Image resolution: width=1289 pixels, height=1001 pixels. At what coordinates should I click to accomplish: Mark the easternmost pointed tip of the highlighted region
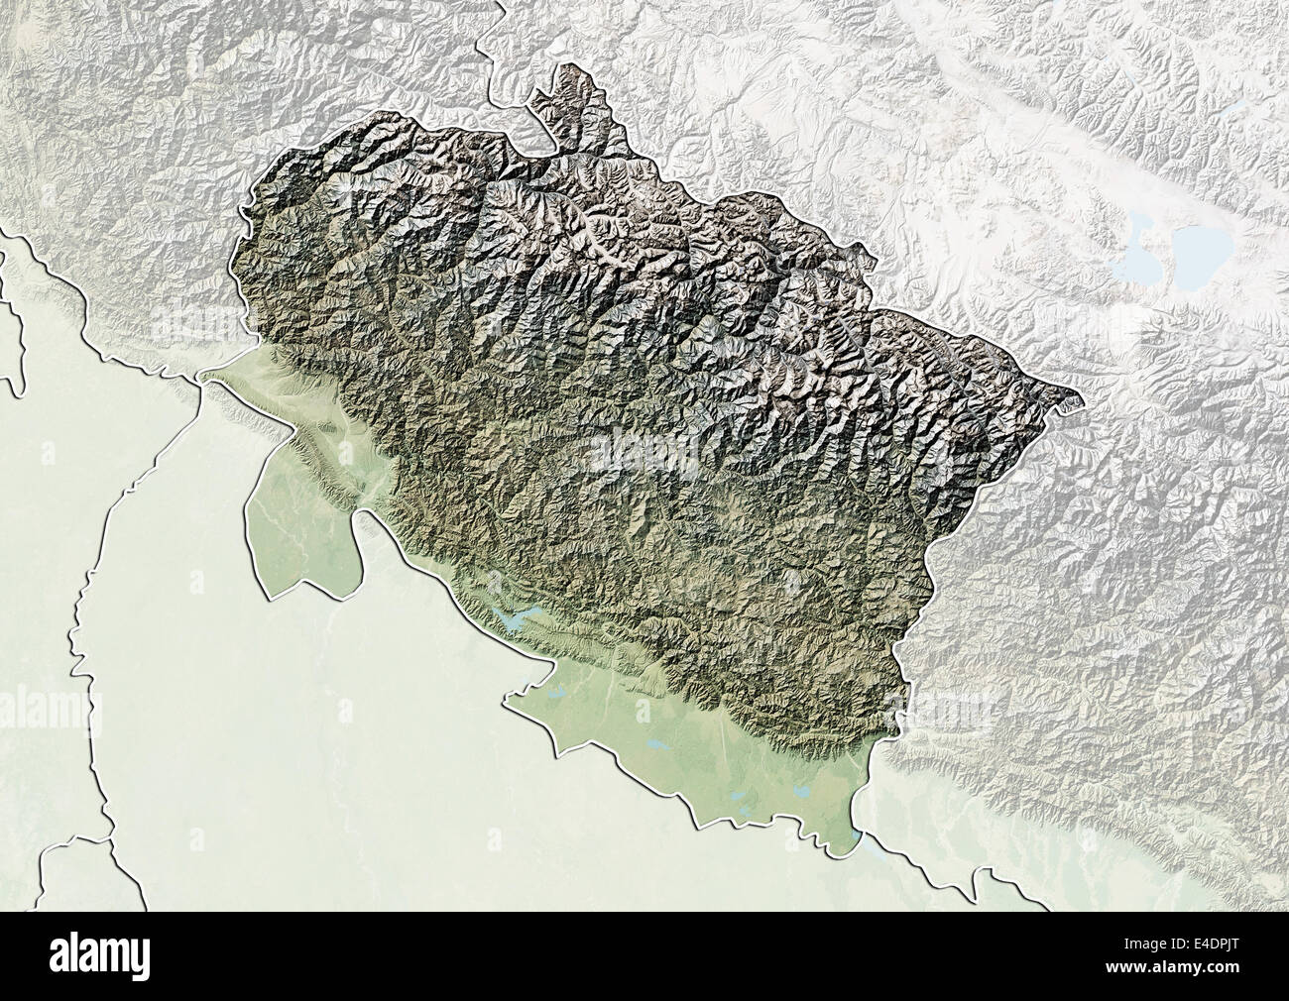[1080, 402]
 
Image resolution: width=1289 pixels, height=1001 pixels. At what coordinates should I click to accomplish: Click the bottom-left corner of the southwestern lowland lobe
[271, 595]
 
